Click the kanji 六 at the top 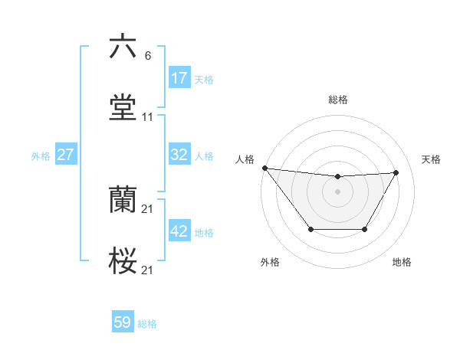click(x=123, y=47)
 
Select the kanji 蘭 click(x=123, y=200)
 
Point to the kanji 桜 click(x=123, y=261)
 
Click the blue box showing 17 click(x=179, y=78)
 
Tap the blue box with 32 click(x=179, y=155)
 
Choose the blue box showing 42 click(x=179, y=231)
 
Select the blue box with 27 click(x=66, y=155)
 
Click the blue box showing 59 click(x=123, y=322)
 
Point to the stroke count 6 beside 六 click(x=147, y=56)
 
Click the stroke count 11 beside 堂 click(x=148, y=117)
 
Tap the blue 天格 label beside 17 click(x=204, y=80)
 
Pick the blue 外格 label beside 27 click(x=41, y=156)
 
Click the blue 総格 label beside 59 click(x=147, y=324)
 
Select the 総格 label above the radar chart click(x=337, y=100)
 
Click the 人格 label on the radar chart click(x=245, y=159)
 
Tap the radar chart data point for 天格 click(x=396, y=172)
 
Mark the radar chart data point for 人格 click(x=264, y=168)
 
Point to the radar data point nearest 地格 click(x=364, y=229)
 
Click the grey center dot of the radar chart click(x=337, y=191)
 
